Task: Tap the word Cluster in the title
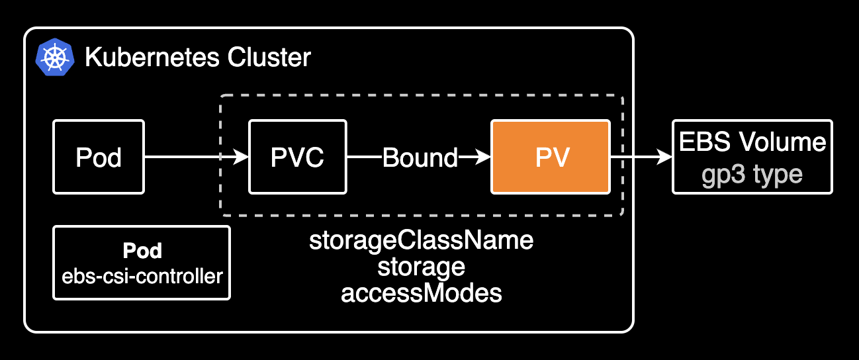(x=269, y=58)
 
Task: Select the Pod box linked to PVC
(x=99, y=157)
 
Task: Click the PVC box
(x=297, y=157)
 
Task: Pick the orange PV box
(x=550, y=157)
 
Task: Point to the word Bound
(x=420, y=157)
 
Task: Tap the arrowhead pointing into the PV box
(x=484, y=157)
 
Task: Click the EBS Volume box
(x=752, y=157)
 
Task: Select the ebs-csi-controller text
(x=142, y=276)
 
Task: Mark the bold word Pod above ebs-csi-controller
(x=142, y=251)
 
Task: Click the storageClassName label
(x=421, y=240)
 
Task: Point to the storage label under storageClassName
(x=421, y=267)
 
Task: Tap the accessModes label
(x=421, y=293)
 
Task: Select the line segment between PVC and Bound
(x=363, y=157)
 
